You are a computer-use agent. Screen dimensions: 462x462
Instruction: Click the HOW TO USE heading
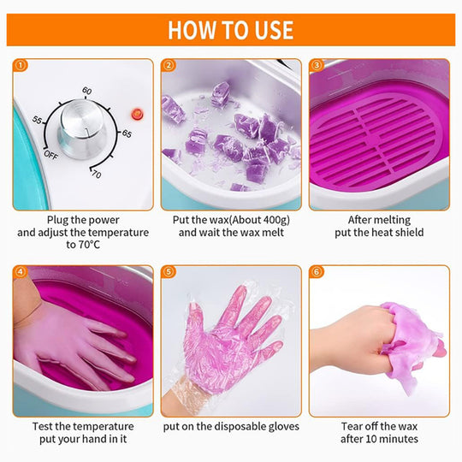[231, 30]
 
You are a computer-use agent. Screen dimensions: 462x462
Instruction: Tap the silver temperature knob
[82, 128]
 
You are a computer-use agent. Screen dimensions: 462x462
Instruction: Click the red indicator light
[137, 114]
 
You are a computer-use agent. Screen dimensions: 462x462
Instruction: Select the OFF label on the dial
[50, 155]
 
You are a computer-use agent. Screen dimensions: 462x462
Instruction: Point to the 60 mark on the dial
[86, 91]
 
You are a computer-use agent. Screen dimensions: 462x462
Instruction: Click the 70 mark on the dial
[97, 175]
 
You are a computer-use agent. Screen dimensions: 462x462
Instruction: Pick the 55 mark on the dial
[37, 120]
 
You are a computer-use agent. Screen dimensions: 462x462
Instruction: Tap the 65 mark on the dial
[127, 133]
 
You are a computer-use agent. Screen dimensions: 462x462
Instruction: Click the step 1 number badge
[21, 65]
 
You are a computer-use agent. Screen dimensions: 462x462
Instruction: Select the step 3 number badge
[317, 65]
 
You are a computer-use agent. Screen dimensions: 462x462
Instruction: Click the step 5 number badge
[169, 272]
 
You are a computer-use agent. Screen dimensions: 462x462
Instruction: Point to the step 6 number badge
[317, 272]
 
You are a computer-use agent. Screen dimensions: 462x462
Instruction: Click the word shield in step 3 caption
[409, 233]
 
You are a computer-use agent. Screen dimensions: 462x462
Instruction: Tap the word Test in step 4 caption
[43, 427]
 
